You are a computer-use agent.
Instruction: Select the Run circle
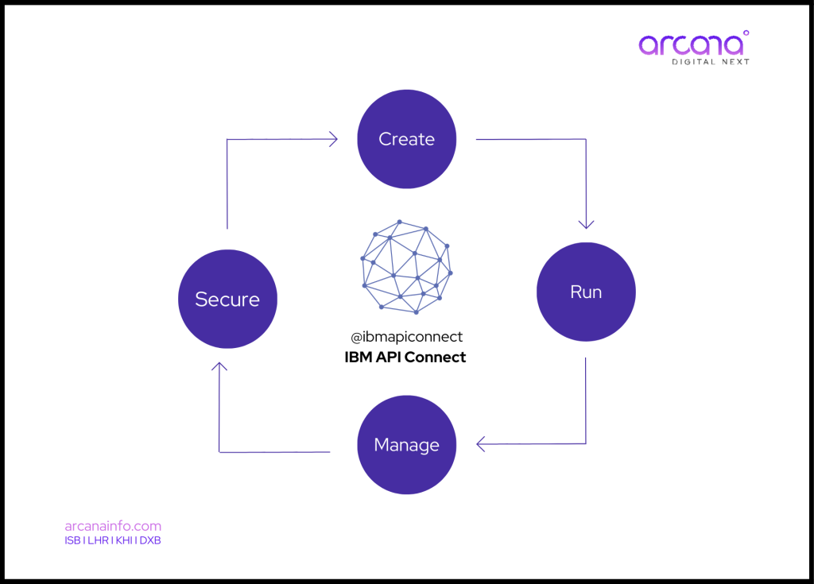tap(586, 292)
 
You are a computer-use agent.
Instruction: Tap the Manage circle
tap(407, 444)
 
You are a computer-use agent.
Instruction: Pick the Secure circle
tap(227, 299)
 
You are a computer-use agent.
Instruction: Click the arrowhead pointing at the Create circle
tap(333, 140)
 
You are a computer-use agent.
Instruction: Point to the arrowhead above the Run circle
tap(587, 223)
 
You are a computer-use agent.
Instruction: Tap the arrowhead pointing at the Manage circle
tap(481, 443)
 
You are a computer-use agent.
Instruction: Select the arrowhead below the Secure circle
tap(219, 367)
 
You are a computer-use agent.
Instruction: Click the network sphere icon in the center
tap(406, 267)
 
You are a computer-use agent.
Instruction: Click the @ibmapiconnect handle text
tap(406, 337)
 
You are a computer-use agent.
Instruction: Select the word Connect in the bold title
tap(435, 358)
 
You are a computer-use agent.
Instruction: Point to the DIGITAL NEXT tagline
tap(711, 62)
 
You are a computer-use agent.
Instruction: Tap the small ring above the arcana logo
tap(745, 33)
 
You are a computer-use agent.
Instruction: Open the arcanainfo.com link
tap(113, 526)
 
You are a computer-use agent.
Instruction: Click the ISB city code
tap(72, 541)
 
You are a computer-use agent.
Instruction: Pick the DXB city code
tap(150, 541)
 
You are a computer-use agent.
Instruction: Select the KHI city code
tap(124, 541)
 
